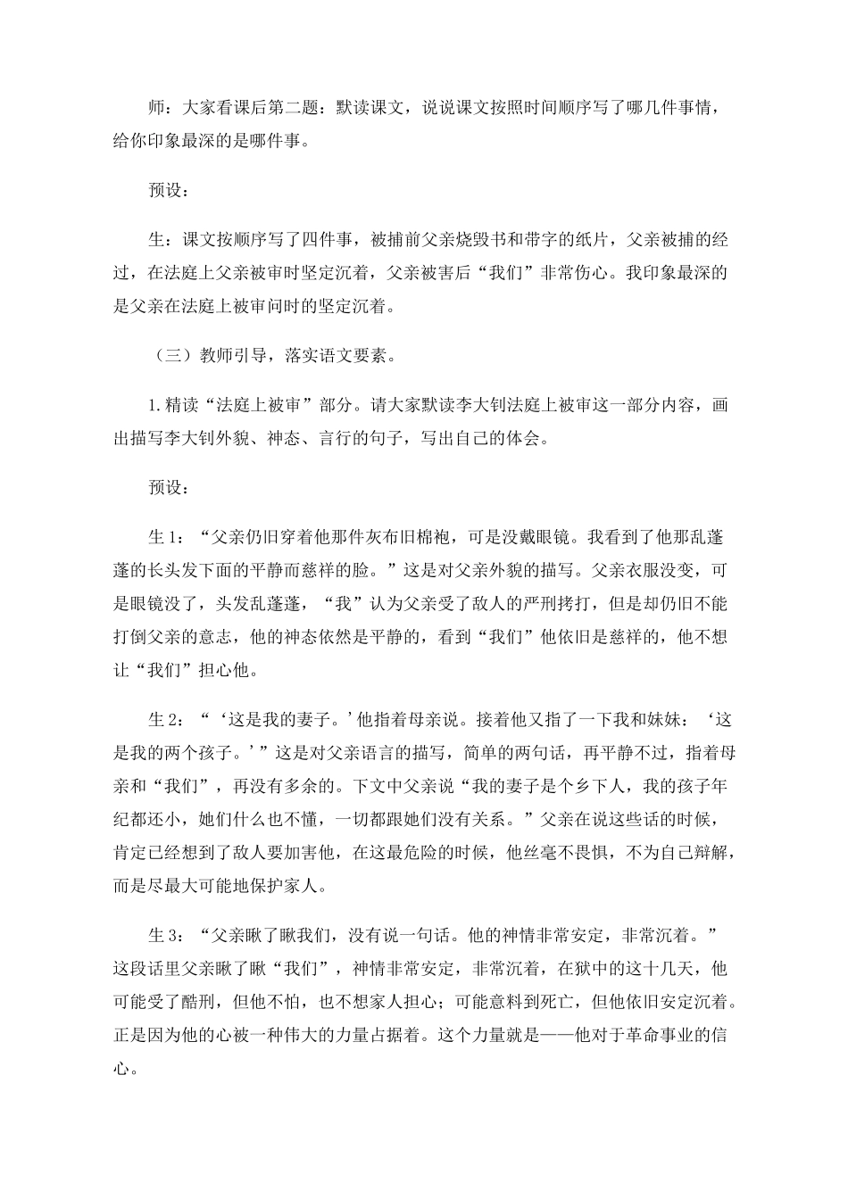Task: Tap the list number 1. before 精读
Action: click(154, 406)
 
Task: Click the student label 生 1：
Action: click(164, 537)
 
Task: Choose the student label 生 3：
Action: click(164, 934)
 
